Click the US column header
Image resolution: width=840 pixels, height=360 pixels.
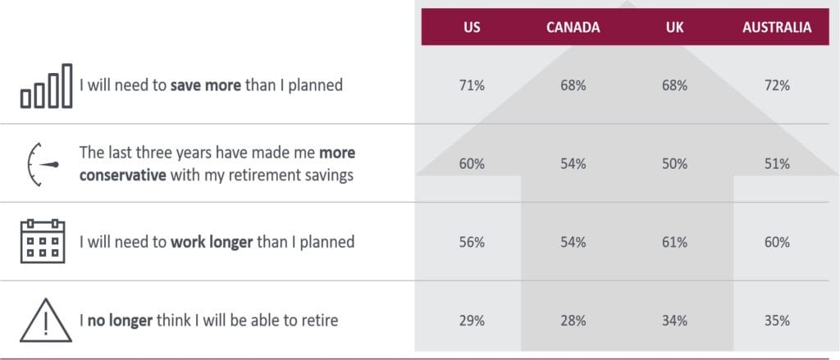[x=472, y=27]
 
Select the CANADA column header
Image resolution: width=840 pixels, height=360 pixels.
[x=573, y=27]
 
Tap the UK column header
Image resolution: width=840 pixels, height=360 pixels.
[x=675, y=27]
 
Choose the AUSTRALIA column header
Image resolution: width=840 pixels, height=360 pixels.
[x=777, y=27]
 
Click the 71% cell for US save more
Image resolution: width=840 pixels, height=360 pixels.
[x=472, y=86]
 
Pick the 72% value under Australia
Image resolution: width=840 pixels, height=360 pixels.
[x=777, y=86]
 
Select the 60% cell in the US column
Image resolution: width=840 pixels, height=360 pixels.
[x=472, y=164]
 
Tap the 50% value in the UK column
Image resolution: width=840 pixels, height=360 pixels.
[x=675, y=164]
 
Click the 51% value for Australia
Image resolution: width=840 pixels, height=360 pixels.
[x=777, y=164]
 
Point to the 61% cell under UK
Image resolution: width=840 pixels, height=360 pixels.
[x=675, y=242]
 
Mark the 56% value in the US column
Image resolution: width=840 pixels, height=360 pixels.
[x=472, y=242]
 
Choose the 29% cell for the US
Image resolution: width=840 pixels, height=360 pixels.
[x=472, y=320]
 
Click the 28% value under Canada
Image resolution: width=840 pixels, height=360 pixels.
[x=573, y=320]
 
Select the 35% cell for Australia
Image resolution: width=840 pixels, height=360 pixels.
[x=777, y=320]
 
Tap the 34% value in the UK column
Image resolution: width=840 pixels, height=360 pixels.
[x=675, y=320]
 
